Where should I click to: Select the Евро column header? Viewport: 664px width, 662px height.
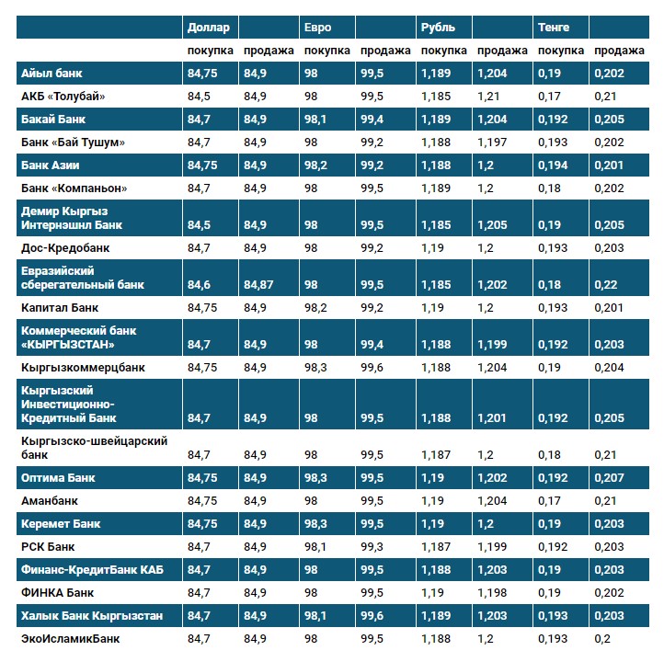tap(318, 28)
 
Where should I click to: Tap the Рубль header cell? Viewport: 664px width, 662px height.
tap(438, 28)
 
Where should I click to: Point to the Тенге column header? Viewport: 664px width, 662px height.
tap(554, 28)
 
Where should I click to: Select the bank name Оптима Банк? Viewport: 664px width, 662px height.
tap(58, 478)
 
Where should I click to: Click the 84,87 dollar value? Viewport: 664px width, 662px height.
tap(259, 285)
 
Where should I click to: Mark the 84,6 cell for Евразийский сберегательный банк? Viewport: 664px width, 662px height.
tap(199, 285)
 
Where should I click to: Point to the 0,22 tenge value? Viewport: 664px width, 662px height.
tap(605, 285)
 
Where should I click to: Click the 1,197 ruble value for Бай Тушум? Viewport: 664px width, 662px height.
tap(493, 143)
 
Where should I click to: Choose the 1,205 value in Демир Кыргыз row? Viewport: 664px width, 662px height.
tap(493, 225)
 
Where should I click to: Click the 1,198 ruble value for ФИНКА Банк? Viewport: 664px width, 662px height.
tap(493, 593)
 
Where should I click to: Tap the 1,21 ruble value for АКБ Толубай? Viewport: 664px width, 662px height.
tap(488, 97)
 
